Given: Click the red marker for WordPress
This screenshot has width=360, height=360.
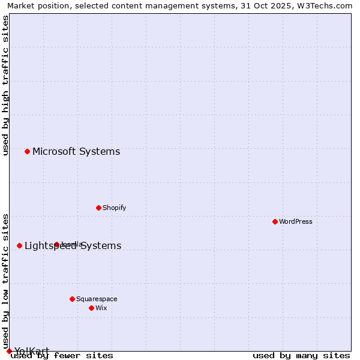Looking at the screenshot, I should tap(275, 221).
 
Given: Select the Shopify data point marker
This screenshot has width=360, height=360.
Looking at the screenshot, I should tap(98, 208).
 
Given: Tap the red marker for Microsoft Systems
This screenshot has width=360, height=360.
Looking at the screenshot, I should tap(27, 151).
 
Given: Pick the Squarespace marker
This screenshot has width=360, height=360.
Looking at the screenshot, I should tap(72, 299).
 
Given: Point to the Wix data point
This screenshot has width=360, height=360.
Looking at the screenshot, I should tap(91, 308).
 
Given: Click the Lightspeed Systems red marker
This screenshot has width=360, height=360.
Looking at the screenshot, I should tap(19, 245).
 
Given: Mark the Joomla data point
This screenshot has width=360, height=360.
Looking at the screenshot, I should tap(56, 244).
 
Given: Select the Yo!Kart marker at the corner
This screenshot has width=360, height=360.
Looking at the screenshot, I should tap(9, 351).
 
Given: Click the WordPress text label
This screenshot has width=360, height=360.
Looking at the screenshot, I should tap(296, 221).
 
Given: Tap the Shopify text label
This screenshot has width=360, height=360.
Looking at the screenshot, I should tap(114, 208).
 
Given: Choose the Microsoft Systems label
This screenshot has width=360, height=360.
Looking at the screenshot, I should tap(76, 151).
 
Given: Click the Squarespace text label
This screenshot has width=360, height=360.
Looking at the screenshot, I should tap(97, 299).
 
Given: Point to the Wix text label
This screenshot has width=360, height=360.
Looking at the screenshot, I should tap(101, 308).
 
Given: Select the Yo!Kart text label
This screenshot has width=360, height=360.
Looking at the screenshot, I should tap(32, 351).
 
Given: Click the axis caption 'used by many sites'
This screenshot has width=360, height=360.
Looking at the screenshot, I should tap(301, 355).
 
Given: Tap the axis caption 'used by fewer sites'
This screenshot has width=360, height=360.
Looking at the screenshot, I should tap(62, 355).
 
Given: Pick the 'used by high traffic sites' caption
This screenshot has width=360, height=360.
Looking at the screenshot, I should tap(6, 86).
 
